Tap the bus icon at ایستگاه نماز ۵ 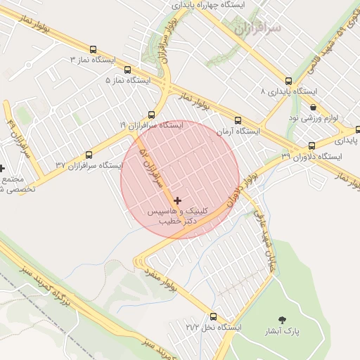pyautogui.click(x=127, y=70)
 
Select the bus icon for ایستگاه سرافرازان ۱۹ pyautogui.click(x=151, y=114)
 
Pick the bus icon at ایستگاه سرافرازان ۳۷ pyautogui.click(x=89, y=155)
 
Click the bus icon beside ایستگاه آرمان pyautogui.click(x=238, y=120)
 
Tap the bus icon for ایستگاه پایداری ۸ pyautogui.click(x=288, y=81)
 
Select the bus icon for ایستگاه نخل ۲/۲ pyautogui.click(x=214, y=316)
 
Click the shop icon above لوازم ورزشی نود pyautogui.click(x=313, y=108)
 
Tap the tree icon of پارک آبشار pyautogui.click(x=283, y=320)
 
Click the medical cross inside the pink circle pyautogui.click(x=177, y=200)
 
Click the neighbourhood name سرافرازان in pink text pyautogui.click(x=258, y=28)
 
